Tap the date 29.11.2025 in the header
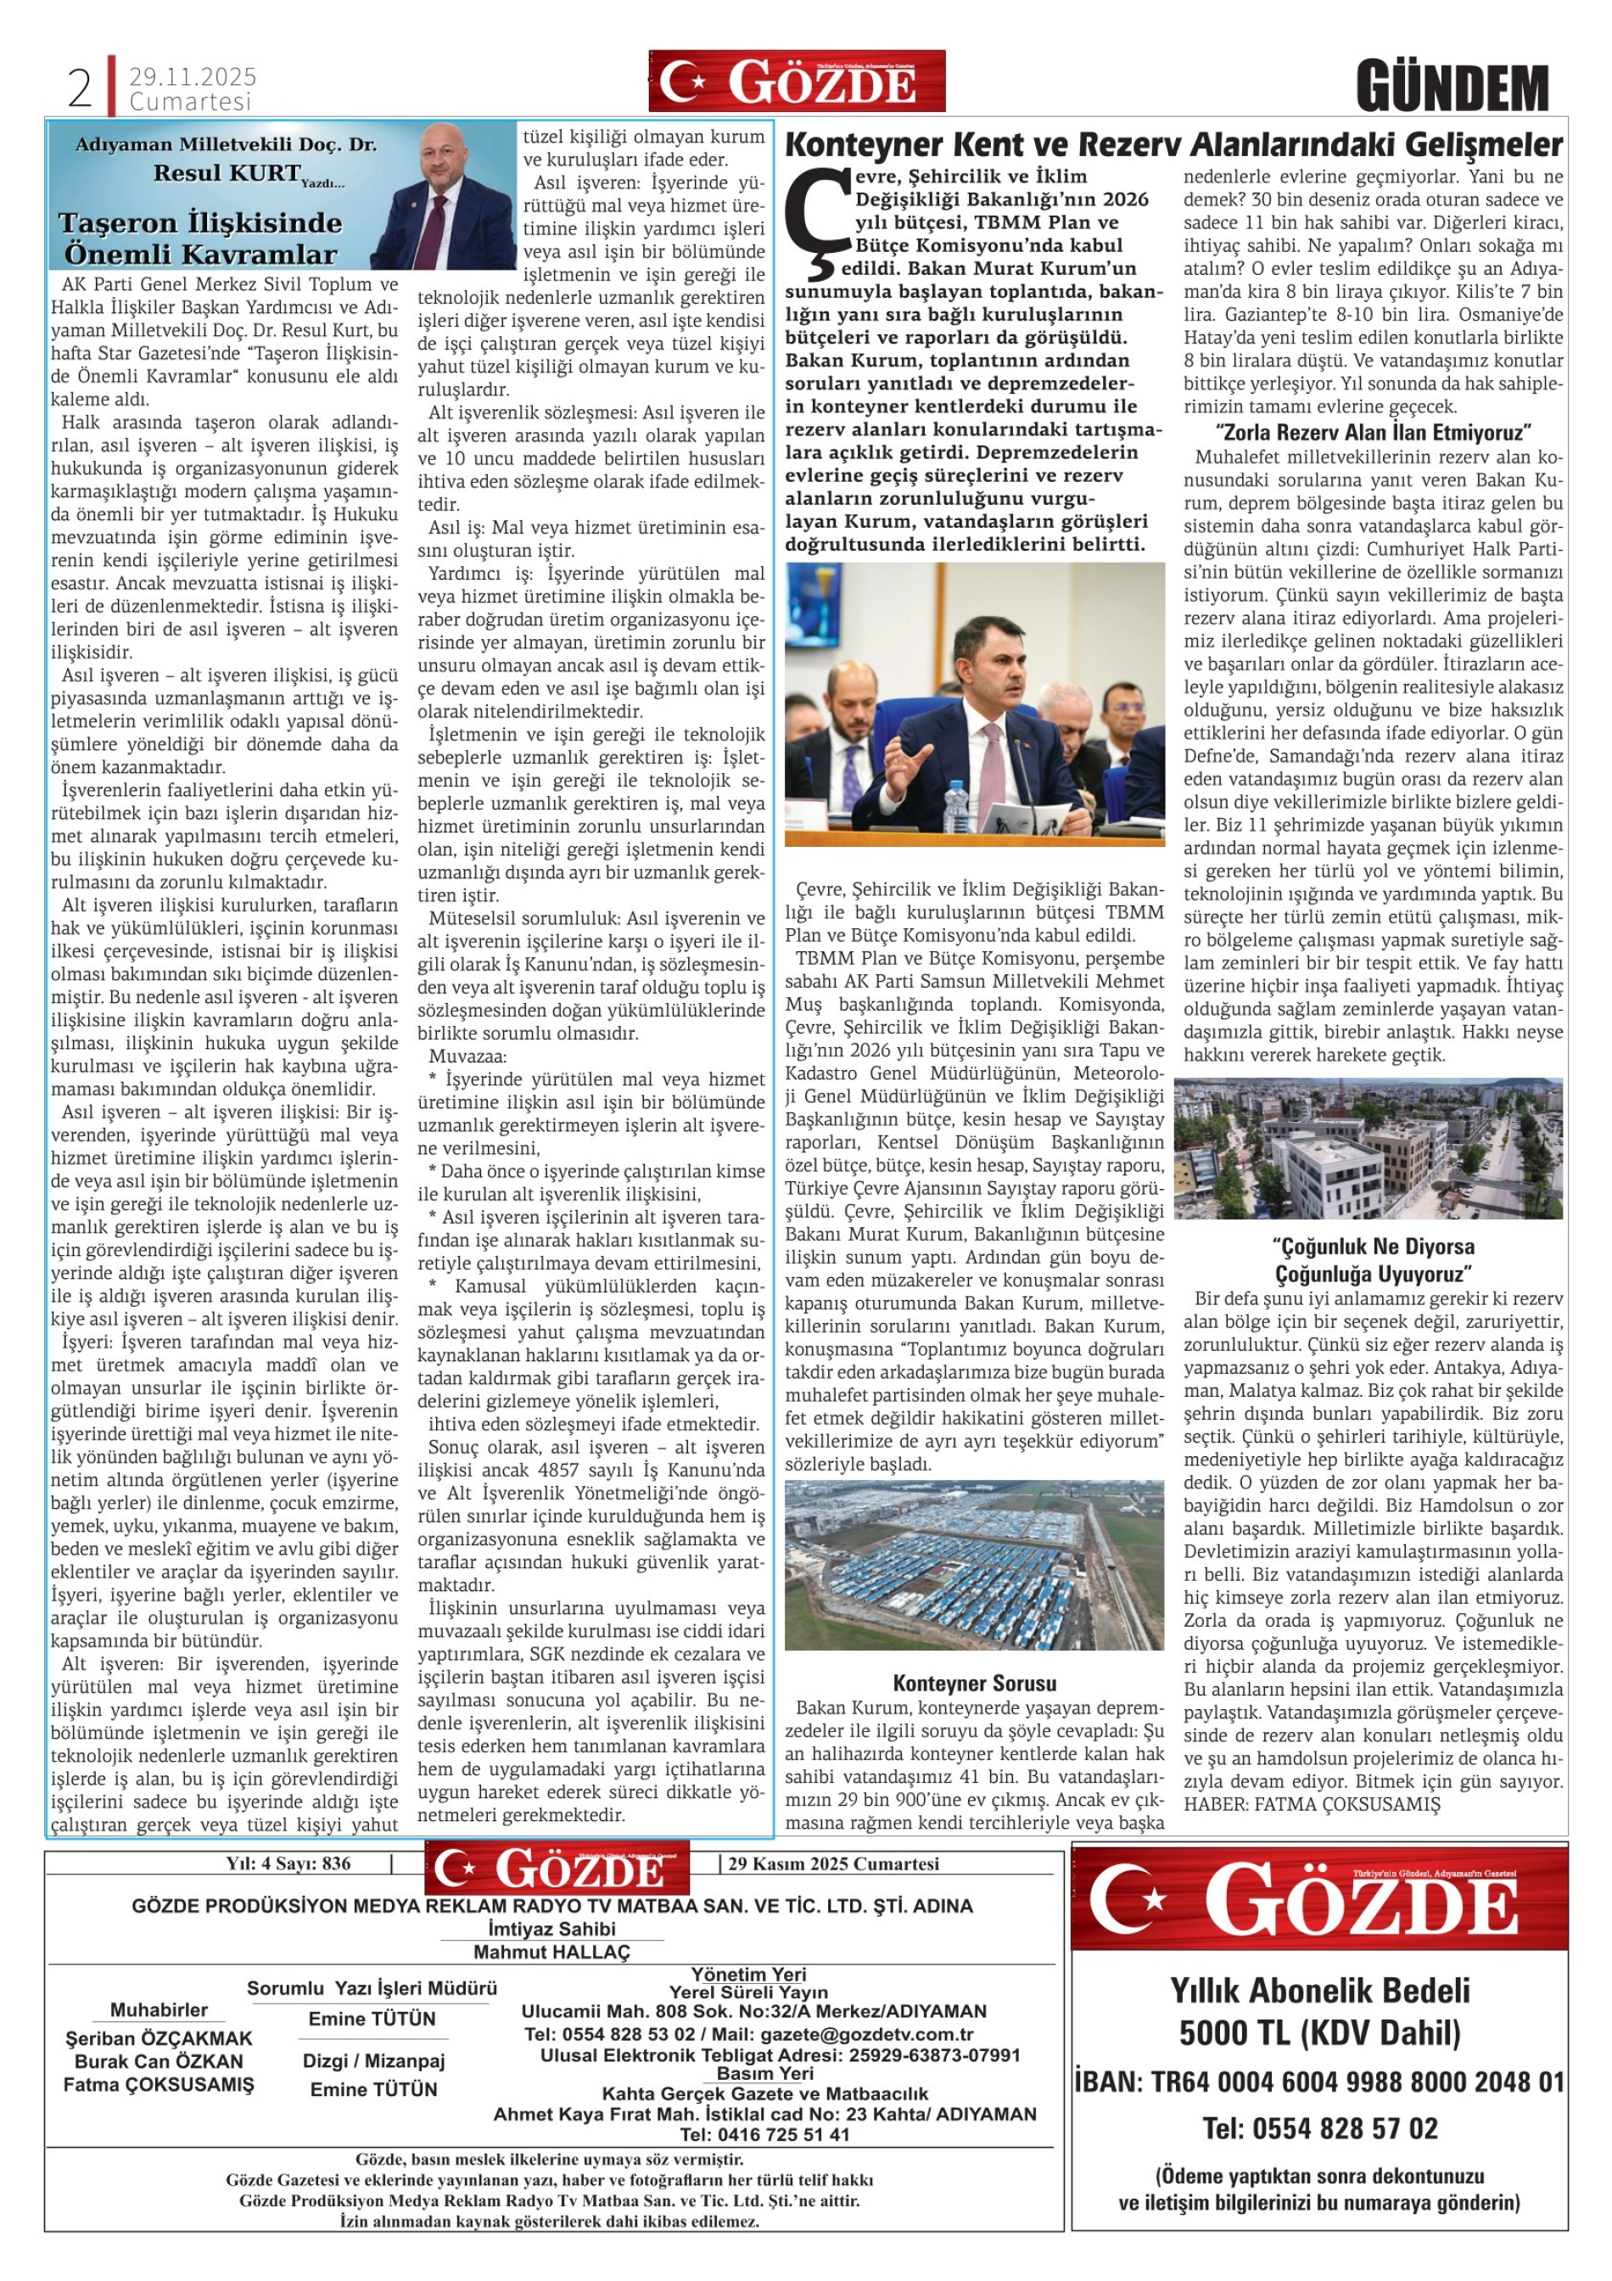[193, 76]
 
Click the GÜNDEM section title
[1452, 88]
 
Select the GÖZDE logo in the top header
[797, 81]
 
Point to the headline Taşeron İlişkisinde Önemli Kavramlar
[199, 238]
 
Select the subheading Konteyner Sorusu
[974, 1684]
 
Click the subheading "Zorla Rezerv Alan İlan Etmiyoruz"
[1373, 432]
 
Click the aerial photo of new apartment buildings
[1368, 1148]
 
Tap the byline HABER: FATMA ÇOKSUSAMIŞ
[1311, 1805]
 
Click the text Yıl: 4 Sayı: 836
[288, 1863]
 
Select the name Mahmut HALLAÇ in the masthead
[551, 1952]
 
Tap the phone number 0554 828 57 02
[1320, 2129]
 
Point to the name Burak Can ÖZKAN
[159, 2061]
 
